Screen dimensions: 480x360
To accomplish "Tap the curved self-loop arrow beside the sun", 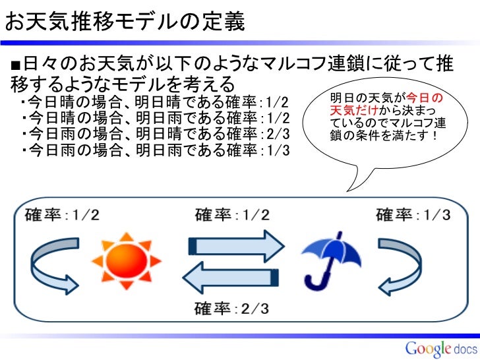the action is coord(52,261).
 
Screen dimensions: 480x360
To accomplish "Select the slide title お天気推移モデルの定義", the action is coord(125,22).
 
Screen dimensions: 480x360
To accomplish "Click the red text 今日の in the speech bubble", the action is coord(426,98).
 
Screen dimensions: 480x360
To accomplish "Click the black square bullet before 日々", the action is coord(15,65).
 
